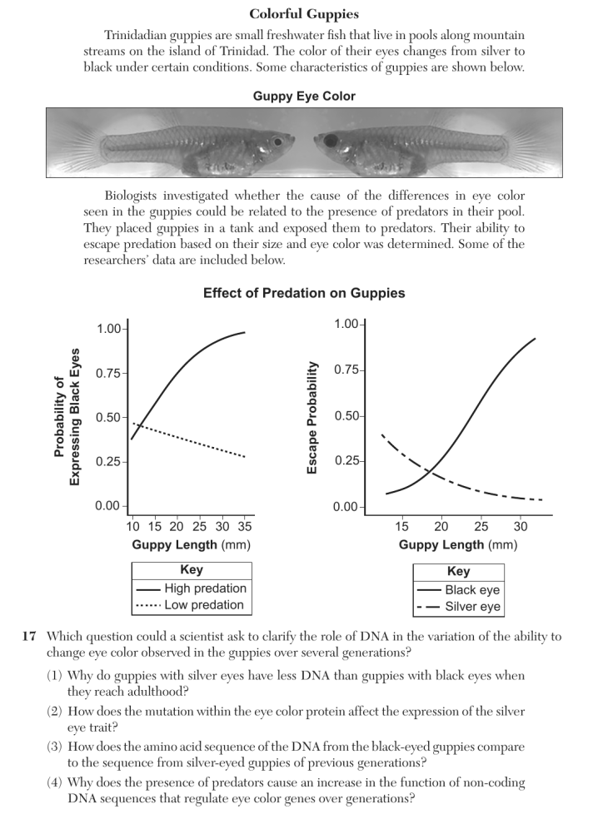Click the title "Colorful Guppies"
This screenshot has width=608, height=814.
[304, 14]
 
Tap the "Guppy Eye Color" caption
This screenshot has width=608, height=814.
[304, 96]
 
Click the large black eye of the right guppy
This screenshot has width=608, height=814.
[331, 140]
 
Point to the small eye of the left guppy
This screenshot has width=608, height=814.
[278, 141]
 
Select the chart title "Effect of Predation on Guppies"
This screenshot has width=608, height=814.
[304, 293]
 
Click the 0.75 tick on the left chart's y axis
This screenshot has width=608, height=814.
[108, 373]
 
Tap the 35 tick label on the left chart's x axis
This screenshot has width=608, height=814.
[244, 526]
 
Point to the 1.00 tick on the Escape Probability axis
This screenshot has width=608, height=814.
[347, 324]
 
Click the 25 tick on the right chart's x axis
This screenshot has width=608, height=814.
[481, 526]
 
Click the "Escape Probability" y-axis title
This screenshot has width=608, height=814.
[311, 418]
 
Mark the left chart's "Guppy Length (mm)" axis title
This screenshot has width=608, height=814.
[192, 544]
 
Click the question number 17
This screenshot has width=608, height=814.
[28, 636]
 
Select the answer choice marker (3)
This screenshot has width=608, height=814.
[55, 747]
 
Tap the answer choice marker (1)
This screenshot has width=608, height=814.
[55, 675]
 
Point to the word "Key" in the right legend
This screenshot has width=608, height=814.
[458, 571]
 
